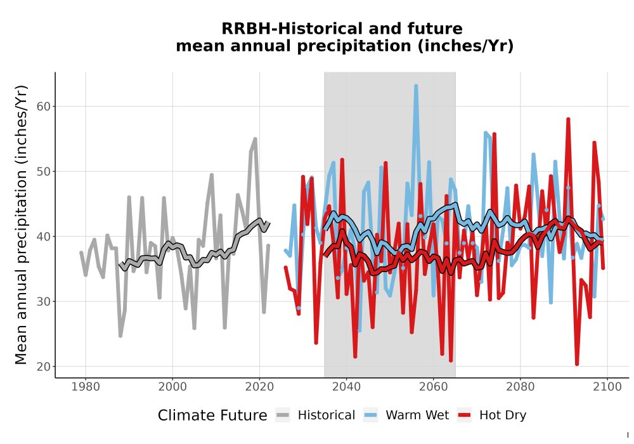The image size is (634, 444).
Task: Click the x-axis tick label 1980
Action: click(x=86, y=387)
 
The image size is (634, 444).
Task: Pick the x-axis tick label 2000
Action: click(x=172, y=387)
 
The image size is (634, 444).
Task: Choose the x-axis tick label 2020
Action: click(x=259, y=387)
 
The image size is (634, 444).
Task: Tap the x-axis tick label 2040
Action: click(x=346, y=387)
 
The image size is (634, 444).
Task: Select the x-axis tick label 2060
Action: click(x=433, y=387)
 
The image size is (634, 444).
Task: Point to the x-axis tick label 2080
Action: click(x=521, y=387)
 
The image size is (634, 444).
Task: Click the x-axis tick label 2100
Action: click(x=607, y=387)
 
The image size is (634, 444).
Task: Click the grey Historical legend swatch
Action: click(x=283, y=415)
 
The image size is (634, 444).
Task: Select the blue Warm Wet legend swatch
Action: click(x=370, y=415)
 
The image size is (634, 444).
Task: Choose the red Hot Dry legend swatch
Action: click(x=465, y=415)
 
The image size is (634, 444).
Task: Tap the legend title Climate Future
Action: click(x=212, y=415)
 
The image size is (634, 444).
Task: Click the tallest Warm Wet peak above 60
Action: click(x=416, y=86)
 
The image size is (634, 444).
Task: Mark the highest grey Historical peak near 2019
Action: click(x=255, y=139)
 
